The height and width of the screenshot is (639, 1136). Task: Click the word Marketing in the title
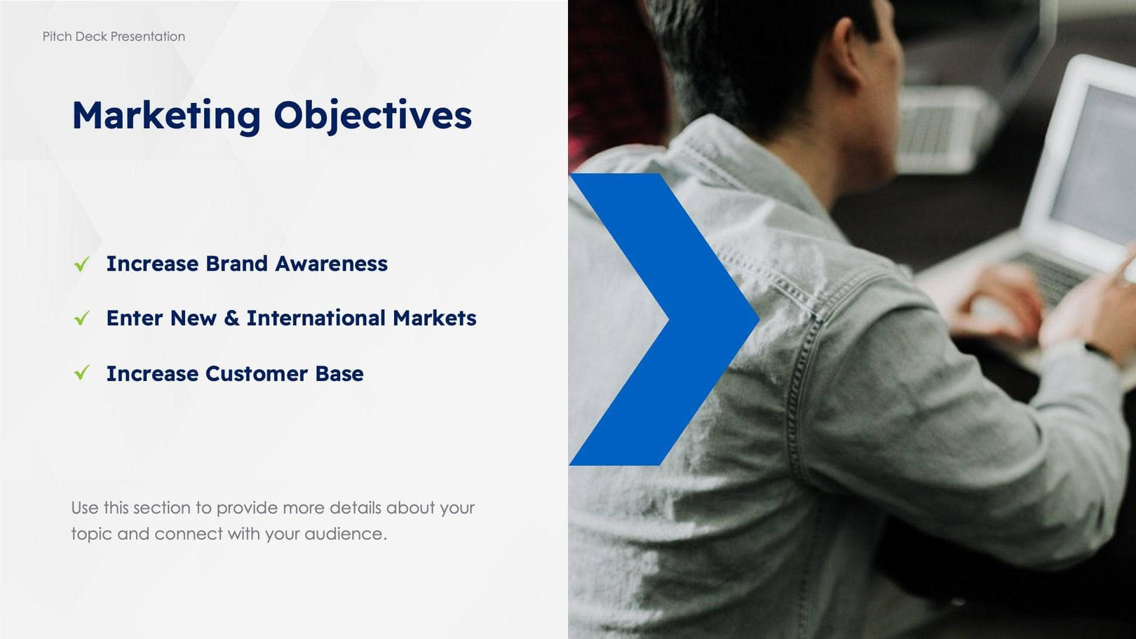[x=166, y=116]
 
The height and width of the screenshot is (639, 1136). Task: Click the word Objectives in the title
[x=372, y=116]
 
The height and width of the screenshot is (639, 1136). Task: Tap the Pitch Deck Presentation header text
[x=114, y=36]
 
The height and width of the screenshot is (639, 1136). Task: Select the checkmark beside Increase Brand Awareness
[x=82, y=264]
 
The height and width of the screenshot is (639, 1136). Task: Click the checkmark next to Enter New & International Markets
[x=82, y=318]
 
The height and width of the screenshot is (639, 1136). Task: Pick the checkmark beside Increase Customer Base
[x=82, y=373]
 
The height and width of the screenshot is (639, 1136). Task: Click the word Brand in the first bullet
[x=236, y=264]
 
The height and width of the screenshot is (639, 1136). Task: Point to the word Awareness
[x=331, y=264]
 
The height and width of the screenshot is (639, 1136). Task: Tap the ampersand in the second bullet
[x=231, y=318]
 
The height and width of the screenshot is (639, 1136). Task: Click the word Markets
[x=434, y=318]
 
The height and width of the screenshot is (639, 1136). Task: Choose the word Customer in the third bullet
[x=256, y=374]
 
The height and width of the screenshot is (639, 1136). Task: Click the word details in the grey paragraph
[x=355, y=508]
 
